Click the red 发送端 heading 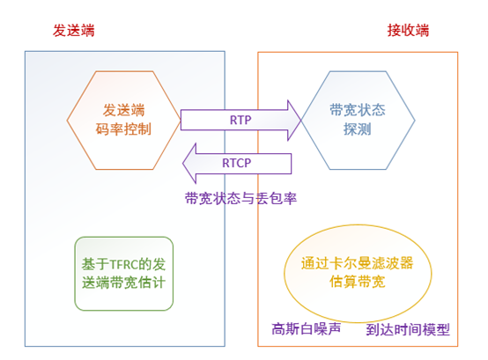tap(74, 31)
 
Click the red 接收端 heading tap(408, 31)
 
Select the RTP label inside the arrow tap(240, 120)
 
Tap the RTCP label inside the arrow tap(237, 163)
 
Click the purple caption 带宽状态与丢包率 tap(240, 198)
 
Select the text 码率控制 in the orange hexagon tap(123, 129)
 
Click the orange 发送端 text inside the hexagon tap(123, 110)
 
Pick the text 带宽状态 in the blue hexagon tap(358, 110)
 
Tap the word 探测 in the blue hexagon tap(358, 129)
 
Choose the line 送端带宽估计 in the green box tap(123, 283)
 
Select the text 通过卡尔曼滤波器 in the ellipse tap(358, 263)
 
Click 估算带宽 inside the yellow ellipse tap(358, 282)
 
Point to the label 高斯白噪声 tap(307, 328)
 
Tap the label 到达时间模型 tap(408, 329)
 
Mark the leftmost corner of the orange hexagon tap(67, 121)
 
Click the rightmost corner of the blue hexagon tap(415, 121)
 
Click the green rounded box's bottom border tap(124, 310)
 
